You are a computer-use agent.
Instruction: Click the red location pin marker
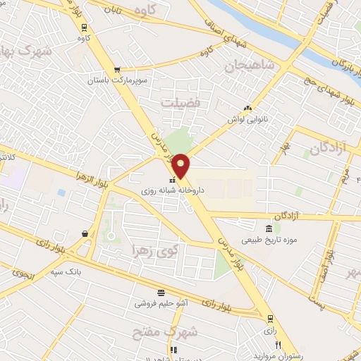click(x=181, y=166)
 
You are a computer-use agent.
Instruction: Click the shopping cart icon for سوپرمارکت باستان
click(x=116, y=70)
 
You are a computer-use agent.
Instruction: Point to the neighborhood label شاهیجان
click(x=246, y=68)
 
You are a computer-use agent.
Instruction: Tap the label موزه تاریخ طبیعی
click(x=267, y=240)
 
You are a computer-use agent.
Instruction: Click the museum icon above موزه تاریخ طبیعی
click(x=268, y=228)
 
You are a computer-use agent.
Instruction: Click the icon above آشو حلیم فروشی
click(x=161, y=293)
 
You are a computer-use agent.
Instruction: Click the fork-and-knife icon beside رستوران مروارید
click(x=279, y=345)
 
